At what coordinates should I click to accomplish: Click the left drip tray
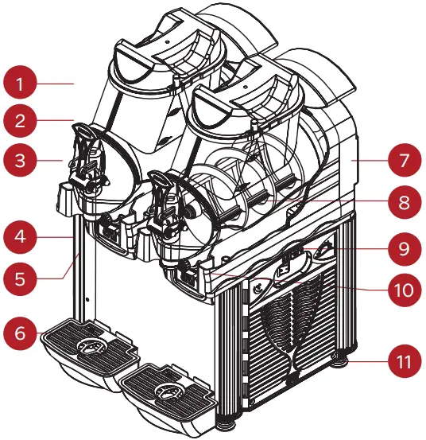(x=87, y=345)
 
